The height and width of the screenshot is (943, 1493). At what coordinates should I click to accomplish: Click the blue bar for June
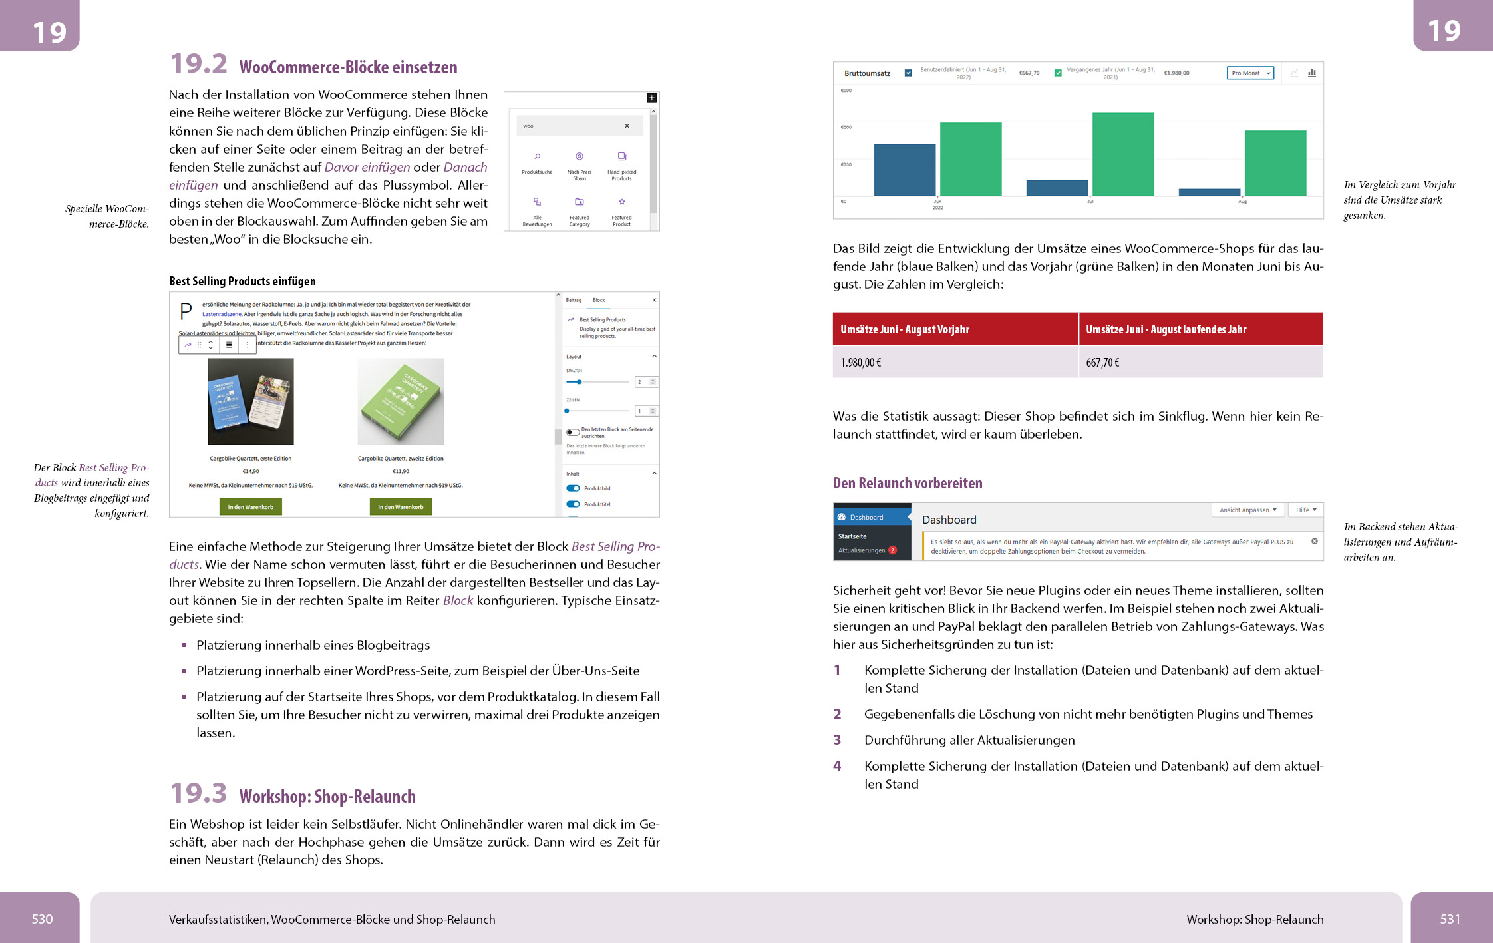(904, 170)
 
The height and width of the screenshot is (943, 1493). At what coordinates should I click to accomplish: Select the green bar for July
(1123, 154)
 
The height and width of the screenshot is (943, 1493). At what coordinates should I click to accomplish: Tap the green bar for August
(1275, 163)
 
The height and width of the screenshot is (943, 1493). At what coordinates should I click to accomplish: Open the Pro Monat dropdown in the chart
(1249, 73)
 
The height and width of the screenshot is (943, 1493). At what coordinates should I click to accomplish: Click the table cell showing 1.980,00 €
(955, 363)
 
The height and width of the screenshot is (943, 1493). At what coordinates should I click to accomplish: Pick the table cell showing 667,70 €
(1200, 363)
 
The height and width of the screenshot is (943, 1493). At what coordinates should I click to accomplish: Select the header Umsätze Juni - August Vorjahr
(955, 329)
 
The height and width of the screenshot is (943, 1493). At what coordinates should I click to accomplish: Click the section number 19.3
(198, 793)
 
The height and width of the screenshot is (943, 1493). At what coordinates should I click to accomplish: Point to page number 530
(42, 919)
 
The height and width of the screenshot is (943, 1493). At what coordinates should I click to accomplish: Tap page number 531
(1450, 919)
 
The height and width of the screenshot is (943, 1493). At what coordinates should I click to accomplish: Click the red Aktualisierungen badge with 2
(893, 550)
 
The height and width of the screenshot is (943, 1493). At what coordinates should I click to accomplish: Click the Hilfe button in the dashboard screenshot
(1305, 510)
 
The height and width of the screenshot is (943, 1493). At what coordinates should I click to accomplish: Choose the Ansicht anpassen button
(1247, 510)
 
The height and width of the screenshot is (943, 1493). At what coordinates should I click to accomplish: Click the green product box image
(401, 401)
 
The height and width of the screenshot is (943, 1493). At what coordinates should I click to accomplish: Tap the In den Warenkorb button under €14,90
(251, 507)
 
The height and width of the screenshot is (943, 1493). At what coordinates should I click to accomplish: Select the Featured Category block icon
(580, 202)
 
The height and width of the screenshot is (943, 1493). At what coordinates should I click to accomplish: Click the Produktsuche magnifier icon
(537, 157)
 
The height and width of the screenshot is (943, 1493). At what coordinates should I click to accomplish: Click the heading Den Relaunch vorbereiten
(908, 483)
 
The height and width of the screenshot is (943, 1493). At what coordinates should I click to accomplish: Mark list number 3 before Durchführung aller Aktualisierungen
(837, 740)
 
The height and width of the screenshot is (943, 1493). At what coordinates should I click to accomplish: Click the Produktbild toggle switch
(573, 488)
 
